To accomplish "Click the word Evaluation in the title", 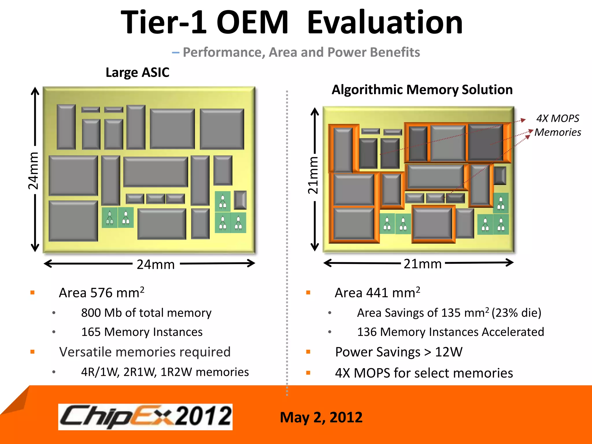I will click(385, 23).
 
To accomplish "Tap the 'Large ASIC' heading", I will click(137, 72).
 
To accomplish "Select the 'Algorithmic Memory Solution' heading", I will click(422, 90).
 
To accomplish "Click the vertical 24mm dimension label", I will click(34, 171).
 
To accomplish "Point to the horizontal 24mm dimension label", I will click(156, 264).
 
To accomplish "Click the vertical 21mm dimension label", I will click(313, 175).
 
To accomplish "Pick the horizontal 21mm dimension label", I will click(422, 264).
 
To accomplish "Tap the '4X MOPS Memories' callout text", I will click(558, 125).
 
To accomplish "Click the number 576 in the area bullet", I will click(101, 293).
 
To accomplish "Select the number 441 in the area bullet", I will click(377, 293).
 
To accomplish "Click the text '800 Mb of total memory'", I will click(146, 313).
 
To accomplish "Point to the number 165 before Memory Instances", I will click(91, 332).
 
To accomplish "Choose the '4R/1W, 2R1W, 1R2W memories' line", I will click(165, 372).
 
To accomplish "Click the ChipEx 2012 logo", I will click(145, 417).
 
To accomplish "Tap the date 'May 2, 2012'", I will click(321, 417).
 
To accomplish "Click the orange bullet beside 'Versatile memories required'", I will click(32, 352).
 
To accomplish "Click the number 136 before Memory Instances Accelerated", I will click(367, 332).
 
